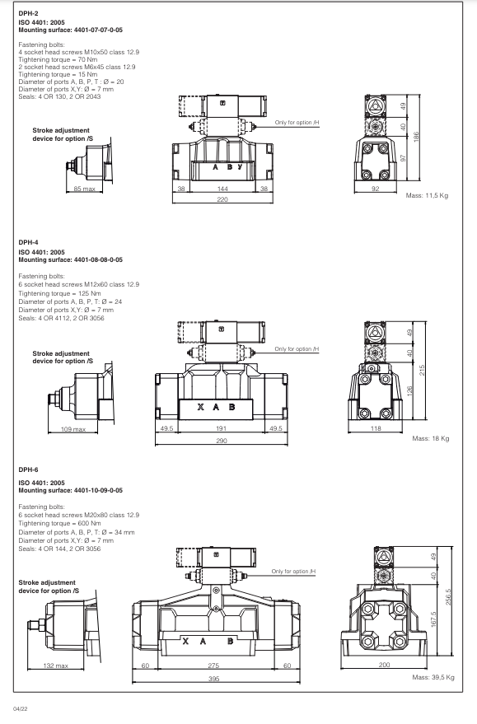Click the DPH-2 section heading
click(x=29, y=13)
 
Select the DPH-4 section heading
click(x=29, y=243)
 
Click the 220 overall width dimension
click(x=222, y=200)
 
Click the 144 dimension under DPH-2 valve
click(x=222, y=189)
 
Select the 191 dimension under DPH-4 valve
click(x=221, y=429)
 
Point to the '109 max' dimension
click(x=73, y=429)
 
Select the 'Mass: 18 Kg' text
click(x=430, y=438)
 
